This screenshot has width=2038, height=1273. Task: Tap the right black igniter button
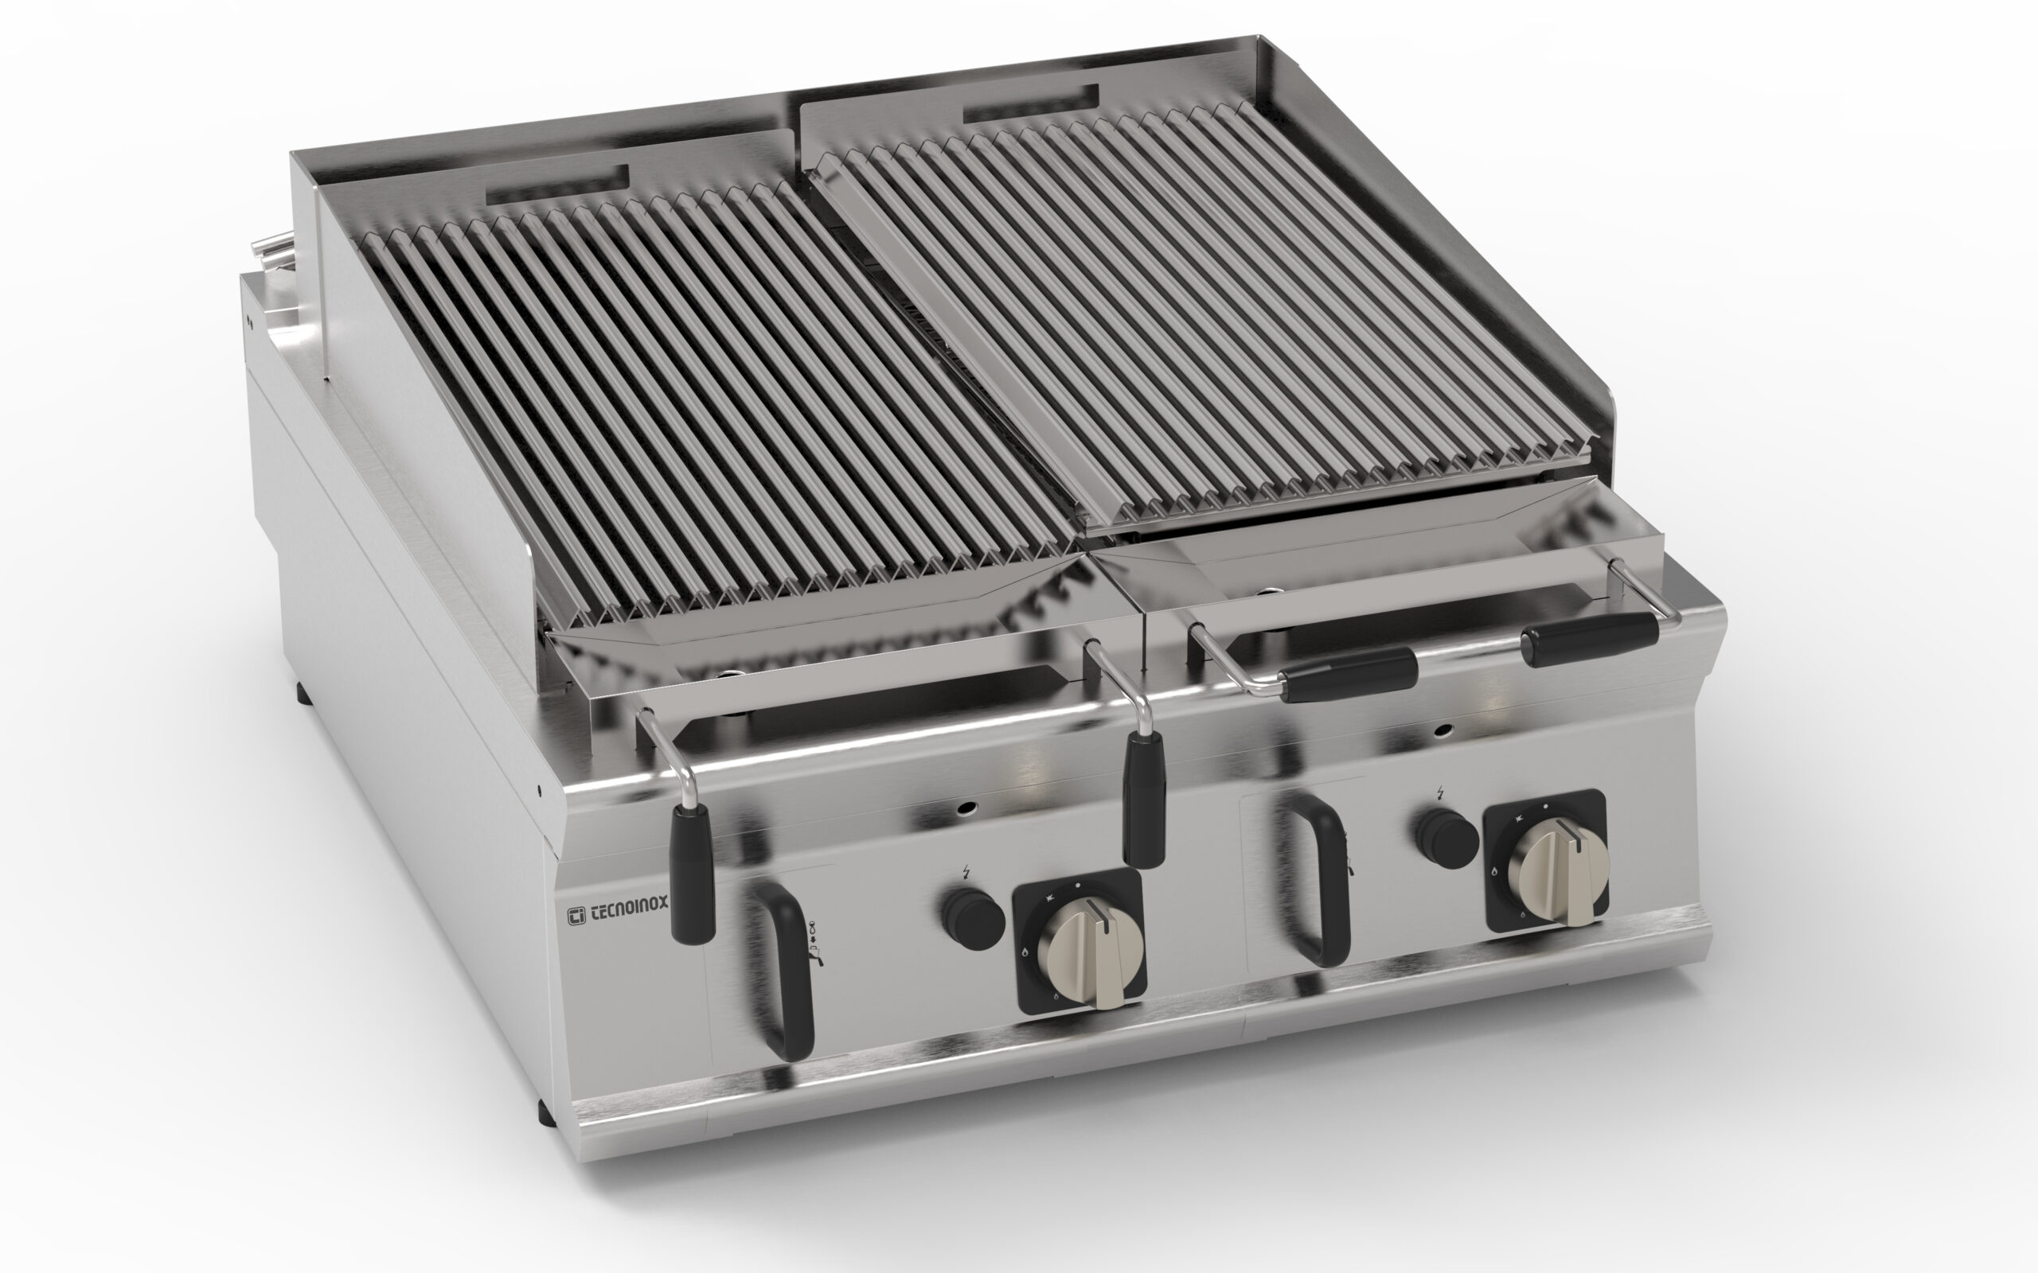pyautogui.click(x=1447, y=838)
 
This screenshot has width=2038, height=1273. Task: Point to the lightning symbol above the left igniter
pyautogui.click(x=965, y=872)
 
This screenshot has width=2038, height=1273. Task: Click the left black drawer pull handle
pyautogui.click(x=779, y=968)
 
